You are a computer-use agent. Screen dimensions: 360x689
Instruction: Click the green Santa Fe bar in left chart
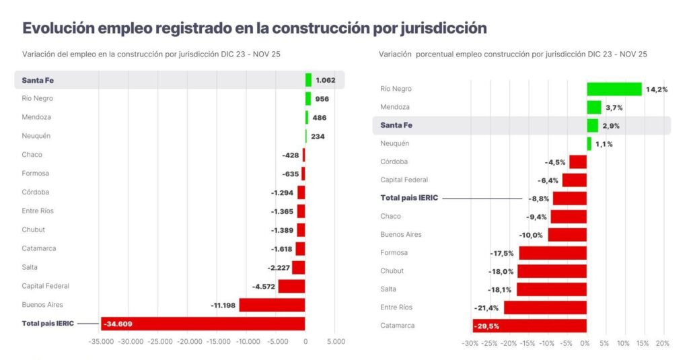308,80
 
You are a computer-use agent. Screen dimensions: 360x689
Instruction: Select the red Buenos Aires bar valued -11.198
272,305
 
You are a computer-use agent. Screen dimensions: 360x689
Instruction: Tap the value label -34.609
118,324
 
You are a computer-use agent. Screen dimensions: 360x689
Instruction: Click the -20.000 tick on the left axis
190,342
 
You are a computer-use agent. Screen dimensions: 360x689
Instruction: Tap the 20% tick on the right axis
663,344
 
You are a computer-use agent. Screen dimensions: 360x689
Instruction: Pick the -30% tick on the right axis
470,344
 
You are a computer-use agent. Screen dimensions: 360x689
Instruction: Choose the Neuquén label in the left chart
36,136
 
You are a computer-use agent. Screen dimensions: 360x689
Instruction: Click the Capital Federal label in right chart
404,180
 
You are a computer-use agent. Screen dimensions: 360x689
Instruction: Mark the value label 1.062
326,80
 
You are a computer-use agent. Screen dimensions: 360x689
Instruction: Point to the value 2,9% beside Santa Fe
612,126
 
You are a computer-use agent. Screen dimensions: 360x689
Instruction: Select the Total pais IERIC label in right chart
408,198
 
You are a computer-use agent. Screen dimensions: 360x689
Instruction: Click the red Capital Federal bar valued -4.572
291,287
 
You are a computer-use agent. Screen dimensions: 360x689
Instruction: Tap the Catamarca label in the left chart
39,248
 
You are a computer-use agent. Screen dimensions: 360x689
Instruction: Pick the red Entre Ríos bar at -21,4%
545,308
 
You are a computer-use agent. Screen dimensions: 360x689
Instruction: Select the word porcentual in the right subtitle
437,54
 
